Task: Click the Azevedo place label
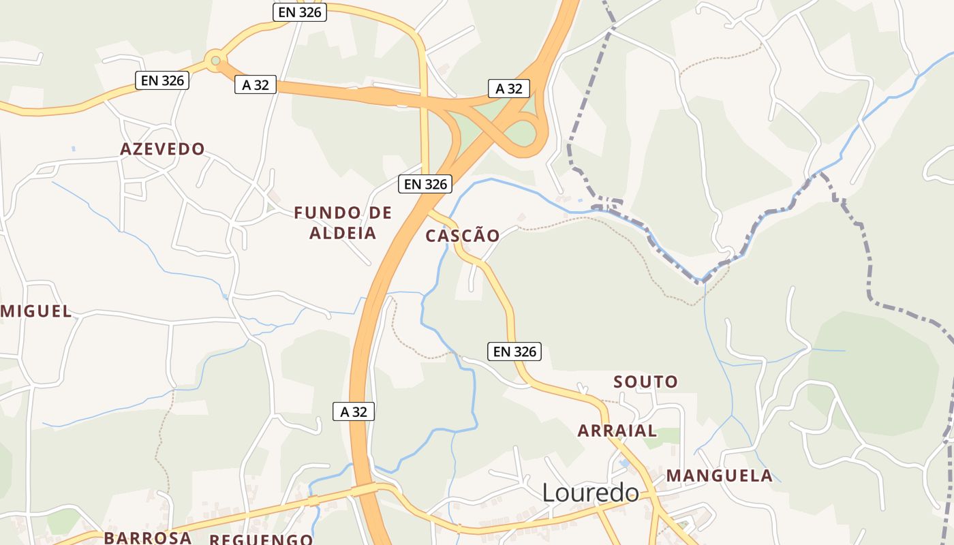click(162, 149)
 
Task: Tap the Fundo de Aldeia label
click(343, 223)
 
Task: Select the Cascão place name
click(463, 236)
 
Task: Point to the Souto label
click(646, 381)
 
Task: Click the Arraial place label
click(617, 431)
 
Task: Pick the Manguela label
click(720, 476)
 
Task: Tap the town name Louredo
click(591, 493)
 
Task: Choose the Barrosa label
click(147, 538)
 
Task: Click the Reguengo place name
click(261, 540)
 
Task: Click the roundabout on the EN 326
click(215, 61)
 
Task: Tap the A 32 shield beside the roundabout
click(256, 84)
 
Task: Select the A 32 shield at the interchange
click(509, 89)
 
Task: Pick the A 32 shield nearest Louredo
click(354, 411)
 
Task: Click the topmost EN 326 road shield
click(300, 12)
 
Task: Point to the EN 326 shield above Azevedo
click(162, 80)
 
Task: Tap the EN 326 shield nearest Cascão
click(426, 184)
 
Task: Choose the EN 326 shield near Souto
click(514, 352)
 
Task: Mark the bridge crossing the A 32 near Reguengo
click(364, 490)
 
